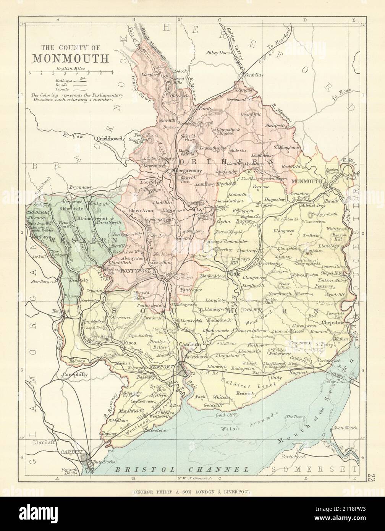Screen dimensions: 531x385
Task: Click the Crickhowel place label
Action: point(111,139)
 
